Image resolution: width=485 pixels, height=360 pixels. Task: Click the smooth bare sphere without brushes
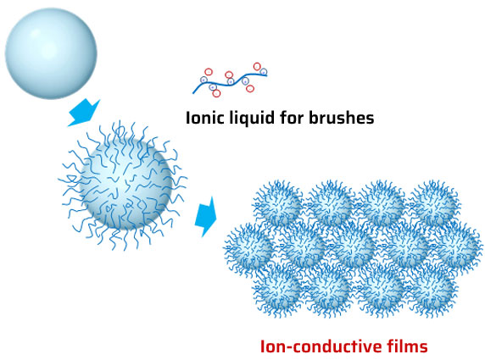(51, 53)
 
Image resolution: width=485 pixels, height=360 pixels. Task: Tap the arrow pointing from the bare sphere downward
(84, 113)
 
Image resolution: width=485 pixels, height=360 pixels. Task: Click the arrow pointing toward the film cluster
(206, 217)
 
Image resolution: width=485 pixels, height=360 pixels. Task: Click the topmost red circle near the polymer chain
(257, 66)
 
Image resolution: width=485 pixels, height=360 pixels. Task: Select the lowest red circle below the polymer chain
(216, 93)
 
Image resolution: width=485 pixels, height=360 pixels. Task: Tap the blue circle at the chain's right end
(264, 72)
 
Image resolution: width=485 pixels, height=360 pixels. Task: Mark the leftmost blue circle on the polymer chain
(203, 80)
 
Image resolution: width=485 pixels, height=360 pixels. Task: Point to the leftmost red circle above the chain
(209, 72)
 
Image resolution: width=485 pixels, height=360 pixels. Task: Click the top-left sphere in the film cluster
(276, 204)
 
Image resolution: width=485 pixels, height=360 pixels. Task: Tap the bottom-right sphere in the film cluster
(433, 291)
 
